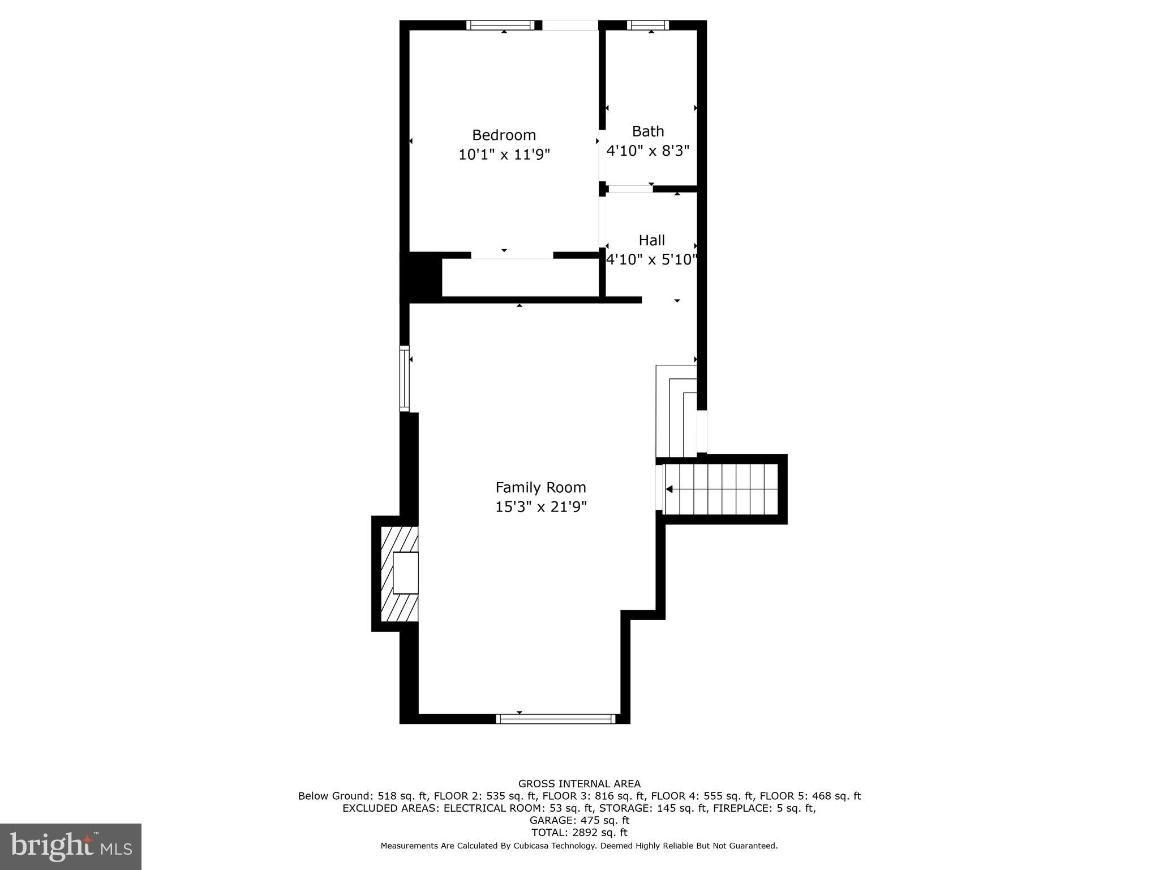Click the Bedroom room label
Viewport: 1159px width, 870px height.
pos(504,135)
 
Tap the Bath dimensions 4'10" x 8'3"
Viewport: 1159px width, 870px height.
pos(647,151)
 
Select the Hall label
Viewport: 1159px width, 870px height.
pos(651,240)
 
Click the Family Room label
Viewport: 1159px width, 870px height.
pos(540,487)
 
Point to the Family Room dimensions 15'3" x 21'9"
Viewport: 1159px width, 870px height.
pos(540,506)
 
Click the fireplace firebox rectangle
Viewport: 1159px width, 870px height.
pos(406,573)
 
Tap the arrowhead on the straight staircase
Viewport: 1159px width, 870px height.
pos(669,489)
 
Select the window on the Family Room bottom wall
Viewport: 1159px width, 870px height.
pos(556,719)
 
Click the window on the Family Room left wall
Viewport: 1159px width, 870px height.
pos(404,378)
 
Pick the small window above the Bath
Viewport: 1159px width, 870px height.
pos(648,25)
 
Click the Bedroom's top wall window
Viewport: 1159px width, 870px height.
pos(500,25)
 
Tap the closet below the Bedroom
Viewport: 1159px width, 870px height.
pos(520,278)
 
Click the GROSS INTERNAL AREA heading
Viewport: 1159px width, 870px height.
pos(579,784)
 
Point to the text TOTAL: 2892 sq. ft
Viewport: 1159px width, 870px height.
pos(579,833)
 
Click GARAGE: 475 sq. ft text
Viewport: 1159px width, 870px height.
pos(579,820)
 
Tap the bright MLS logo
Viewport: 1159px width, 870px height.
pos(71,846)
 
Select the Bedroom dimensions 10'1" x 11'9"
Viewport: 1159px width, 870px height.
pos(504,154)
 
